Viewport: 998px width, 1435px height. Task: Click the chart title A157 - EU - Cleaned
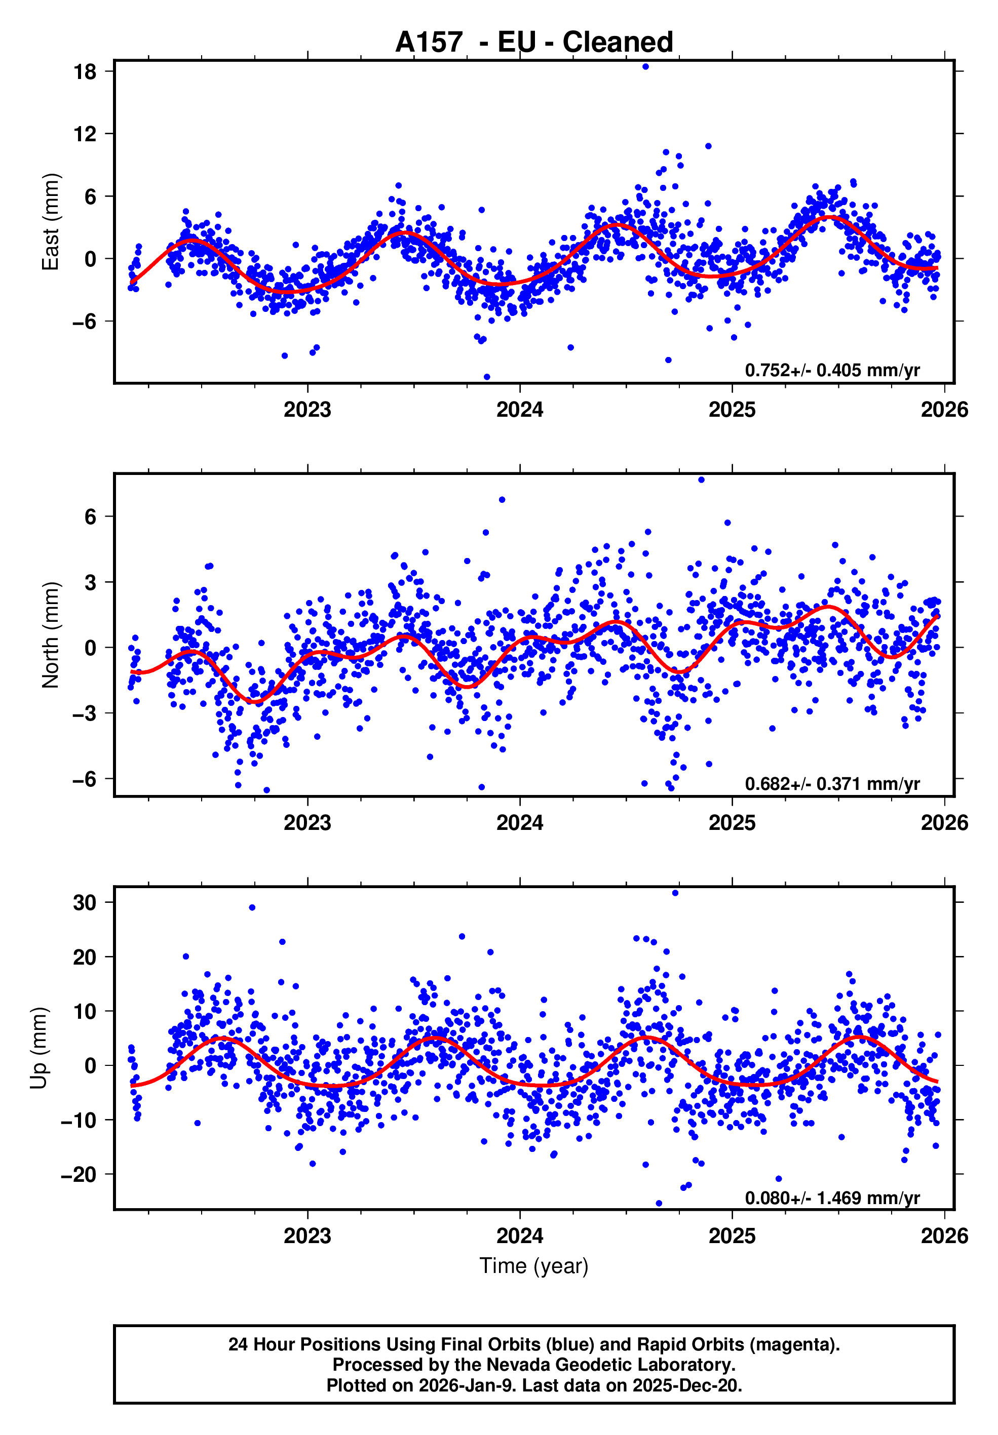(534, 42)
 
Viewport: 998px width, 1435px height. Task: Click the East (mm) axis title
(50, 222)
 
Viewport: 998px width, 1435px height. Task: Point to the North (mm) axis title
(50, 635)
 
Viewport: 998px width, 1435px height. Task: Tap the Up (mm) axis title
(39, 1048)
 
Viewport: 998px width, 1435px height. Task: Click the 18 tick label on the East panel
(85, 72)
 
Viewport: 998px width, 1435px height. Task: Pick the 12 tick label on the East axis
(85, 134)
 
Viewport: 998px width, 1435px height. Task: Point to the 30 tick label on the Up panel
(85, 902)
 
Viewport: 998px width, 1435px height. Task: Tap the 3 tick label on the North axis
(91, 582)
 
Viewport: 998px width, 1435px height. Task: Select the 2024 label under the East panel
(520, 410)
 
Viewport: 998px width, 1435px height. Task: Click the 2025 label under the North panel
(732, 823)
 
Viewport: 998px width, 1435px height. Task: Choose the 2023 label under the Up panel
(307, 1235)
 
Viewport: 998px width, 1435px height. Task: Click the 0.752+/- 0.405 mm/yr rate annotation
(832, 371)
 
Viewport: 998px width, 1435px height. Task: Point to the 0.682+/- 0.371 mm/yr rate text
(832, 784)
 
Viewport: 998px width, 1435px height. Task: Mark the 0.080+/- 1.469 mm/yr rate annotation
(832, 1198)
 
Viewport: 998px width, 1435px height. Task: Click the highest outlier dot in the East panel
(645, 67)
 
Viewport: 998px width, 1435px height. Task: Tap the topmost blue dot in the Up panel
(675, 893)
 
